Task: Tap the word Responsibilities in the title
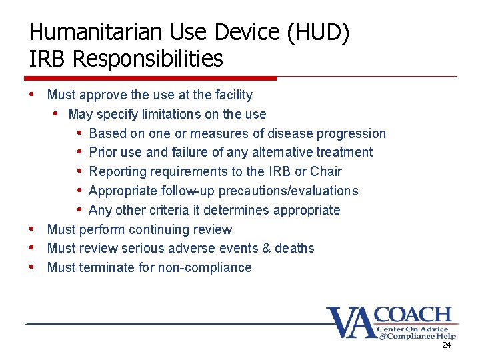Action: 148,59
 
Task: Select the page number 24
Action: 446,345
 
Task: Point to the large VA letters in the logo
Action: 351,323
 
